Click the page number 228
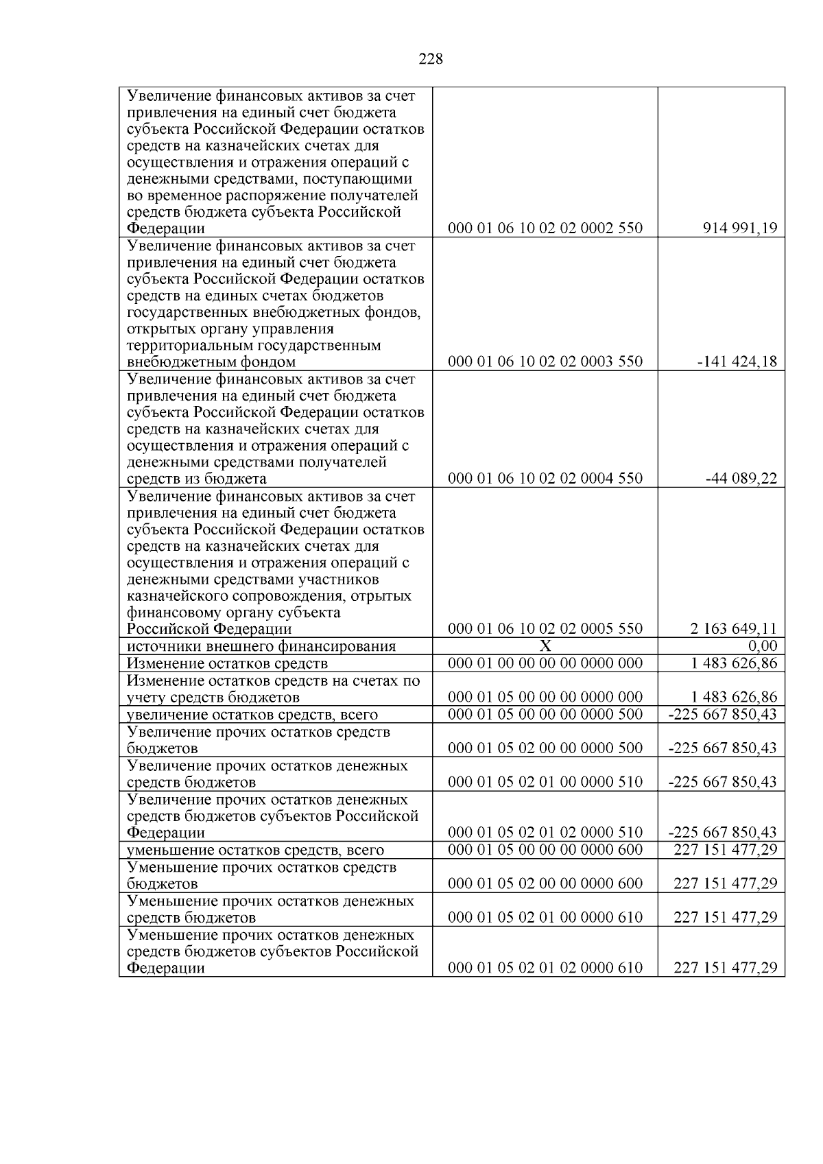[431, 59]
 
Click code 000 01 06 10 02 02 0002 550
[545, 228]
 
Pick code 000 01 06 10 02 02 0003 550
[545, 361]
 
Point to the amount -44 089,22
[741, 478]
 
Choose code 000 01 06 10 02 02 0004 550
[545, 478]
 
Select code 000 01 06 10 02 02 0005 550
[545, 628]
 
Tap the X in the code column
[545, 645]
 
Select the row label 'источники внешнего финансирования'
[261, 646]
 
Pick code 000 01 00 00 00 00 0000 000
[545, 663]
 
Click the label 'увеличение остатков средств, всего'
[252, 714]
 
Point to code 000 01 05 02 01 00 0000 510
[545, 781]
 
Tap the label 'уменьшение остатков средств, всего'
[255, 850]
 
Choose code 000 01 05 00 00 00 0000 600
[545, 849]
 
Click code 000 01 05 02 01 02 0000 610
[545, 968]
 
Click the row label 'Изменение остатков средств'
[227, 663]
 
